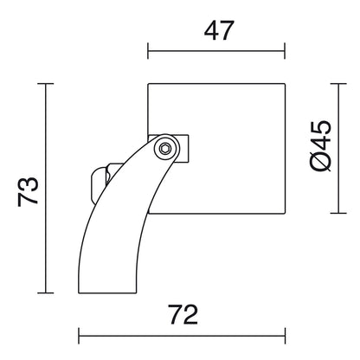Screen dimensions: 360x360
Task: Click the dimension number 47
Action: pyautogui.click(x=219, y=30)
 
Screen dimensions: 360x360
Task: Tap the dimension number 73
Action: pyautogui.click(x=28, y=191)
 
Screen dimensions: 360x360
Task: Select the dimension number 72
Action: pyautogui.click(x=183, y=315)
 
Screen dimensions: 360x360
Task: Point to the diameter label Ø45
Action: pyautogui.click(x=320, y=145)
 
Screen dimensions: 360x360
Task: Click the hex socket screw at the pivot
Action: pyautogui.click(x=165, y=149)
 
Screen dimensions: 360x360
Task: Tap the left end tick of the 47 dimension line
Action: pyautogui.click(x=148, y=51)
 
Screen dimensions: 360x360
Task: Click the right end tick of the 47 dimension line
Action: pyautogui.click(x=285, y=51)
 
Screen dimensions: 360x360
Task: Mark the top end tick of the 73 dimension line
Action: pyautogui.click(x=46, y=84)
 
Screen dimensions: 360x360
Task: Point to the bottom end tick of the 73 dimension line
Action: pyautogui.click(x=46, y=293)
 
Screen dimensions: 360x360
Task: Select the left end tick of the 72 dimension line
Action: pyautogui.click(x=79, y=336)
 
